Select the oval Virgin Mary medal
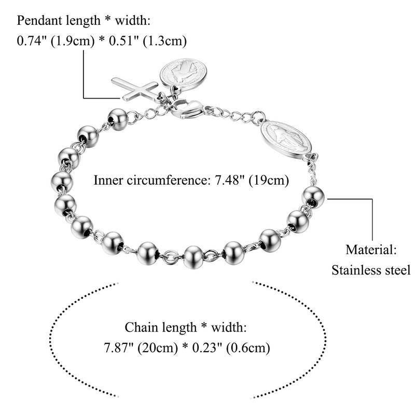tap(286, 137)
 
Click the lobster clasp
tap(186, 109)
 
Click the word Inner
tap(108, 181)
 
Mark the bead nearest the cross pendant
tap(118, 119)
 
